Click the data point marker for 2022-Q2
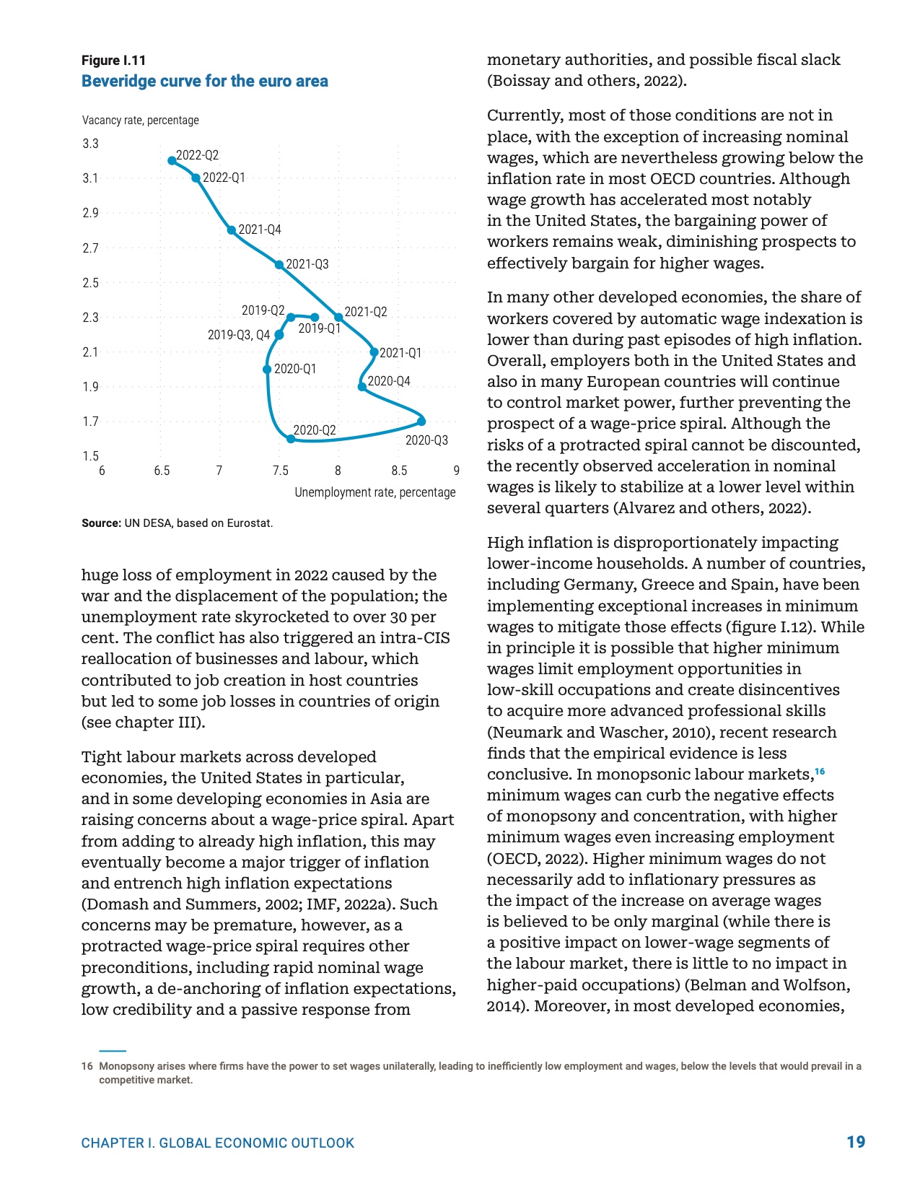coord(172,160)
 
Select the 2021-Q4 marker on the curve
coord(232,230)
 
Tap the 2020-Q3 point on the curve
coord(421,421)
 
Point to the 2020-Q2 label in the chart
coord(314,430)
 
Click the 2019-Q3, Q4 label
coord(238,335)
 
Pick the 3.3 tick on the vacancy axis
coord(90,144)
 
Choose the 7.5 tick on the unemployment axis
coord(280,471)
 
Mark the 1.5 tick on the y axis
coord(90,456)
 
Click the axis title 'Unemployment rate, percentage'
coord(374,492)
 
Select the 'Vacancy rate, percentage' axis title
coord(140,121)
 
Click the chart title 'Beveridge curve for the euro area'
coord(204,82)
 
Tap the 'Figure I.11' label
coord(113,61)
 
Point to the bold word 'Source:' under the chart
coord(101,523)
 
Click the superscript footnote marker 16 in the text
coord(820,772)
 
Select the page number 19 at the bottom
coord(856,1142)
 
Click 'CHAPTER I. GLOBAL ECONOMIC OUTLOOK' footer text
coord(218,1143)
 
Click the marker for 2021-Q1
coord(374,352)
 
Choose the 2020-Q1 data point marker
coord(267,370)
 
